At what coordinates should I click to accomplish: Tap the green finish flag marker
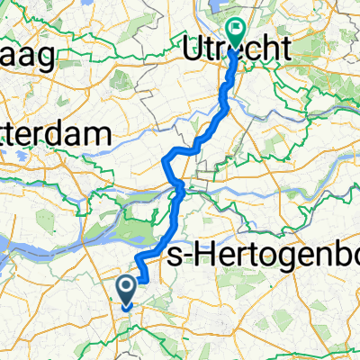pyautogui.click(x=238, y=33)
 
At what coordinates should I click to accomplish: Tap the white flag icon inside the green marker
pyautogui.click(x=238, y=30)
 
